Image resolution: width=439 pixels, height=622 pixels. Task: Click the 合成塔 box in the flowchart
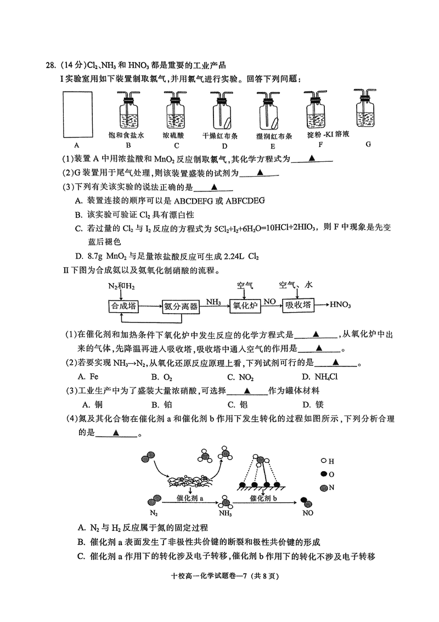(x=123, y=306)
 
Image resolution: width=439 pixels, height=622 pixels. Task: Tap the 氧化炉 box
(x=245, y=306)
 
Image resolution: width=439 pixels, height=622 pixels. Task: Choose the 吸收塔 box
(x=298, y=306)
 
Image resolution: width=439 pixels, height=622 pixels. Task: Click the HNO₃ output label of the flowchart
(x=341, y=305)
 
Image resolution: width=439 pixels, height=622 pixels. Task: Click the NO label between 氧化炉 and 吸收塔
(x=269, y=301)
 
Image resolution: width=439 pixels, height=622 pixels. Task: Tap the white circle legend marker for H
(x=324, y=462)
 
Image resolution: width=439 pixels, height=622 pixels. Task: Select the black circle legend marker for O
(x=324, y=474)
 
